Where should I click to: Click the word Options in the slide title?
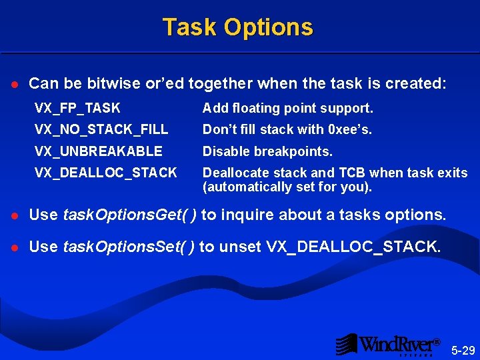(x=268, y=27)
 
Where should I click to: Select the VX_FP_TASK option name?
(x=77, y=108)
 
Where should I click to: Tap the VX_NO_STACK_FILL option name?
(x=101, y=129)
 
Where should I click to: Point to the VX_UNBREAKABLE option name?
(x=98, y=151)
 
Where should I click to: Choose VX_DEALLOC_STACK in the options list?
(x=106, y=173)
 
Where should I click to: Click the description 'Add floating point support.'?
(x=287, y=108)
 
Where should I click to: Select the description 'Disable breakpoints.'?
(x=267, y=151)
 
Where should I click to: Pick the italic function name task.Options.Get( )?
(x=129, y=215)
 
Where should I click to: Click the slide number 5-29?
(x=463, y=350)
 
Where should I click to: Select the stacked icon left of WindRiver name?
(x=346, y=344)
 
